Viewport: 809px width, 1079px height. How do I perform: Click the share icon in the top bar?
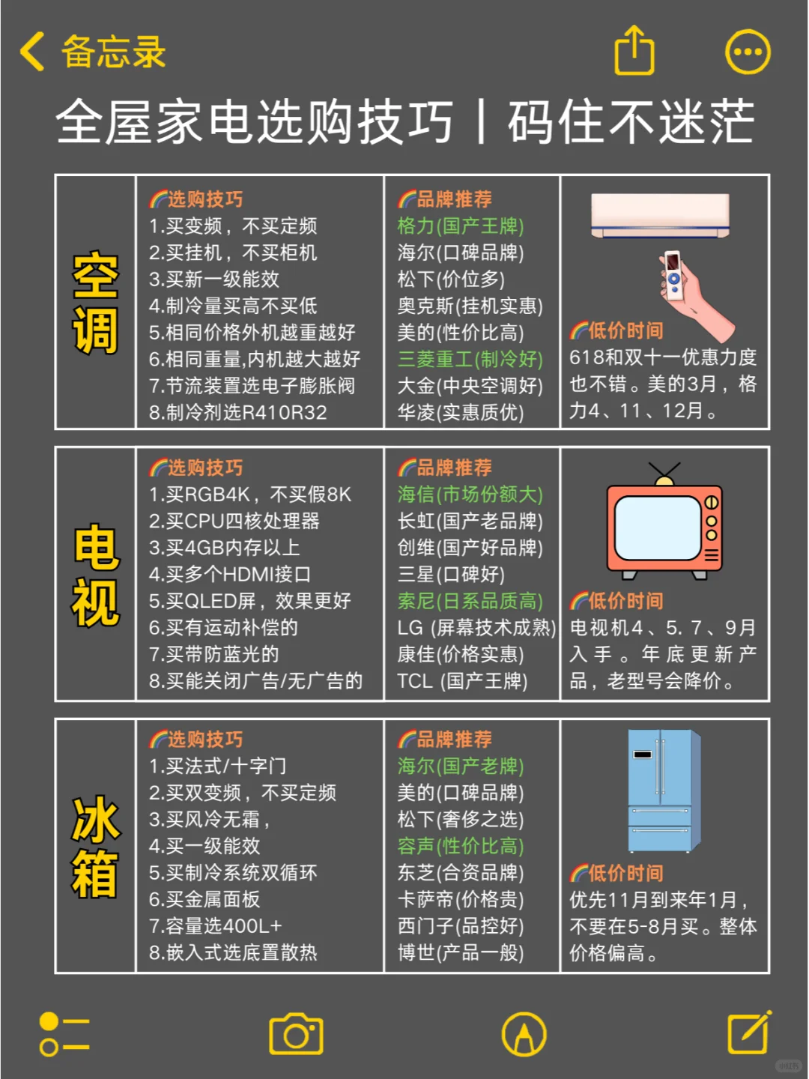[x=634, y=51]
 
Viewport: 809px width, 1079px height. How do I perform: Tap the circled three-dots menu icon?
[x=748, y=52]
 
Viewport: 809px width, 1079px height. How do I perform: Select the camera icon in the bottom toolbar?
[x=296, y=1035]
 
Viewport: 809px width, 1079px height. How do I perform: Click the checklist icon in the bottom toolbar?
[x=64, y=1035]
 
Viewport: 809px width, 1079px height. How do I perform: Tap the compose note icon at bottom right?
[x=749, y=1033]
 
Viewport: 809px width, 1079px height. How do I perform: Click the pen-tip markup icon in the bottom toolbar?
[x=524, y=1035]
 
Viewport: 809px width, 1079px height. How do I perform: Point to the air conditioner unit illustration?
[x=660, y=215]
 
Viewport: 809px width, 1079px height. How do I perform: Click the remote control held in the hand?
[x=673, y=276]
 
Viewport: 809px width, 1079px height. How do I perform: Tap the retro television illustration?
[x=664, y=525]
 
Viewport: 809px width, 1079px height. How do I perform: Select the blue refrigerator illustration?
[x=663, y=790]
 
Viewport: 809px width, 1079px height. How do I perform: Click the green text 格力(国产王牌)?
[x=461, y=226]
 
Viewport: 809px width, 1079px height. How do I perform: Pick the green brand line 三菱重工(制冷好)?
[x=470, y=359]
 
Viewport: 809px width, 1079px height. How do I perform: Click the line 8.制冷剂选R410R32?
[x=237, y=412]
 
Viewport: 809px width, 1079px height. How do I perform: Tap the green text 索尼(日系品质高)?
[x=470, y=601]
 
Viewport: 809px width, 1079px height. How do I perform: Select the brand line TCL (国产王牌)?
[x=462, y=681]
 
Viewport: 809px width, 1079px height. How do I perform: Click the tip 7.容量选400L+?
[x=215, y=925]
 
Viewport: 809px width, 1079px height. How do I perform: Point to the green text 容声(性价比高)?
[x=461, y=846]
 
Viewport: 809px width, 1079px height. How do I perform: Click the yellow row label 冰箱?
[x=95, y=847]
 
